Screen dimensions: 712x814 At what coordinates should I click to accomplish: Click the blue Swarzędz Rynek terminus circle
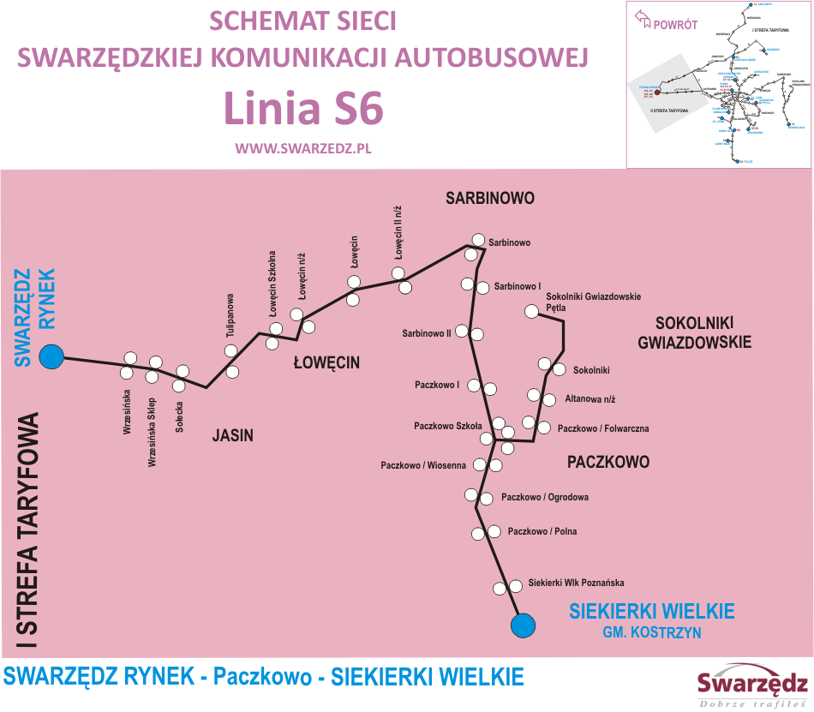coord(52,357)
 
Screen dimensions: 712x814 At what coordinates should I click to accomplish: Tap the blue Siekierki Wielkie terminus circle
coord(522,625)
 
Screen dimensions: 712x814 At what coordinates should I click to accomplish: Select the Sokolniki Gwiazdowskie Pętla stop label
coord(593,302)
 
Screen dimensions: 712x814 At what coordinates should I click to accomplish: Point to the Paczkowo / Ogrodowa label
coord(545,497)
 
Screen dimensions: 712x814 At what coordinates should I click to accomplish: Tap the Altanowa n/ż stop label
coord(590,399)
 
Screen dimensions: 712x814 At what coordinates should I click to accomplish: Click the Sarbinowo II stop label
coord(427,332)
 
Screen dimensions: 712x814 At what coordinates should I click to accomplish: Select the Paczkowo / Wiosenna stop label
coord(423,465)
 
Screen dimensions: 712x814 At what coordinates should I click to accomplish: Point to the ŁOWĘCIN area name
coord(326,363)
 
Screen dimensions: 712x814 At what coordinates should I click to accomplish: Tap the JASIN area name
coord(233,435)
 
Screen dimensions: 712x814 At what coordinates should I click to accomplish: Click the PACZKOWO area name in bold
coord(608,462)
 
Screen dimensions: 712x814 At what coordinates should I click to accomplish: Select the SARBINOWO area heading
coord(490,199)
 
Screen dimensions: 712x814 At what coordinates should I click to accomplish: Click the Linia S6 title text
coord(303,109)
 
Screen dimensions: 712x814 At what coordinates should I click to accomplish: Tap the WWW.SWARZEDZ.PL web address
coord(302,147)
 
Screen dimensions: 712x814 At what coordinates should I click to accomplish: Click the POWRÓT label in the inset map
coord(674,25)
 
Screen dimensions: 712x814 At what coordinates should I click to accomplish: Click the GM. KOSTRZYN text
coord(652,632)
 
